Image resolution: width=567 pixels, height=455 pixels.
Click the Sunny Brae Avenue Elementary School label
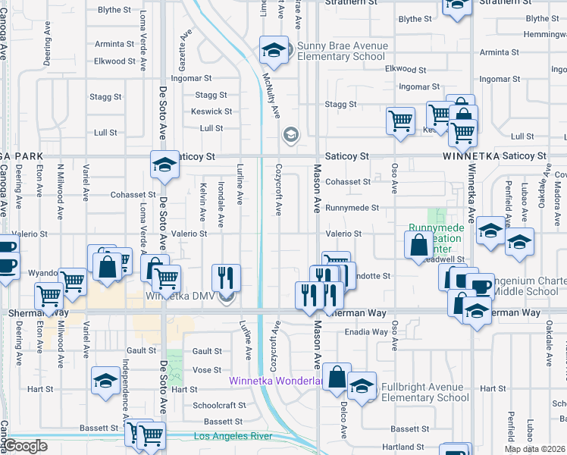[x=342, y=51]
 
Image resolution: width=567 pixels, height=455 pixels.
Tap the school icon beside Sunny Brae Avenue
[x=274, y=50]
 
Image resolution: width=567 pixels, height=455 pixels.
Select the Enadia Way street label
[x=366, y=332]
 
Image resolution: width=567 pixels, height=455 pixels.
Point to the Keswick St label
[x=206, y=111]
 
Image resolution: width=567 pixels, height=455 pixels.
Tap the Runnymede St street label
[x=351, y=208]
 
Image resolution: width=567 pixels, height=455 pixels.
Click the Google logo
[x=25, y=446]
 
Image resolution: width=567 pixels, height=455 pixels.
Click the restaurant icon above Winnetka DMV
[x=225, y=277]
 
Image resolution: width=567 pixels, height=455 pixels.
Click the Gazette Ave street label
[x=183, y=46]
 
